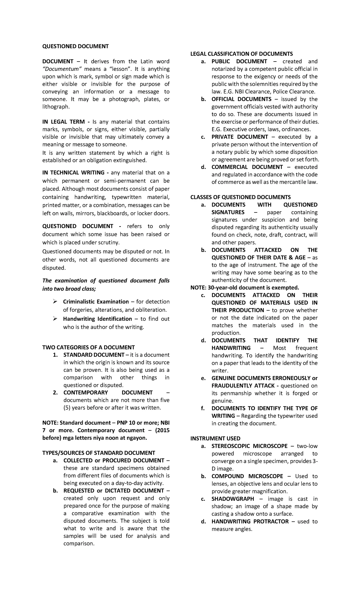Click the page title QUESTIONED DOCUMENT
[x=75, y=46]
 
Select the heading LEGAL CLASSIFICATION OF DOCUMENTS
[x=241, y=54]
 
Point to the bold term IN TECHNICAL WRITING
[x=73, y=173]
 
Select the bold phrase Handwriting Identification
[x=97, y=319]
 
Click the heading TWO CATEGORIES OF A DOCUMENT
[x=88, y=347]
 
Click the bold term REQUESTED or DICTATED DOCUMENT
[x=114, y=491]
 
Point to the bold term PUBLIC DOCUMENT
[x=239, y=62]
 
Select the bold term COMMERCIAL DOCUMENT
[x=247, y=167]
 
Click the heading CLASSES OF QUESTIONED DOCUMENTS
[x=241, y=197]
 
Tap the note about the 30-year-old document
[x=245, y=287]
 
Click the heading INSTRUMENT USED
[x=215, y=438]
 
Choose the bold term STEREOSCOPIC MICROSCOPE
[x=249, y=446]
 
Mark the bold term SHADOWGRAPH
[x=232, y=499]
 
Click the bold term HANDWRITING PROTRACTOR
[x=250, y=521]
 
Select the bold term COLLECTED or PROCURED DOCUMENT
[x=114, y=460]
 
